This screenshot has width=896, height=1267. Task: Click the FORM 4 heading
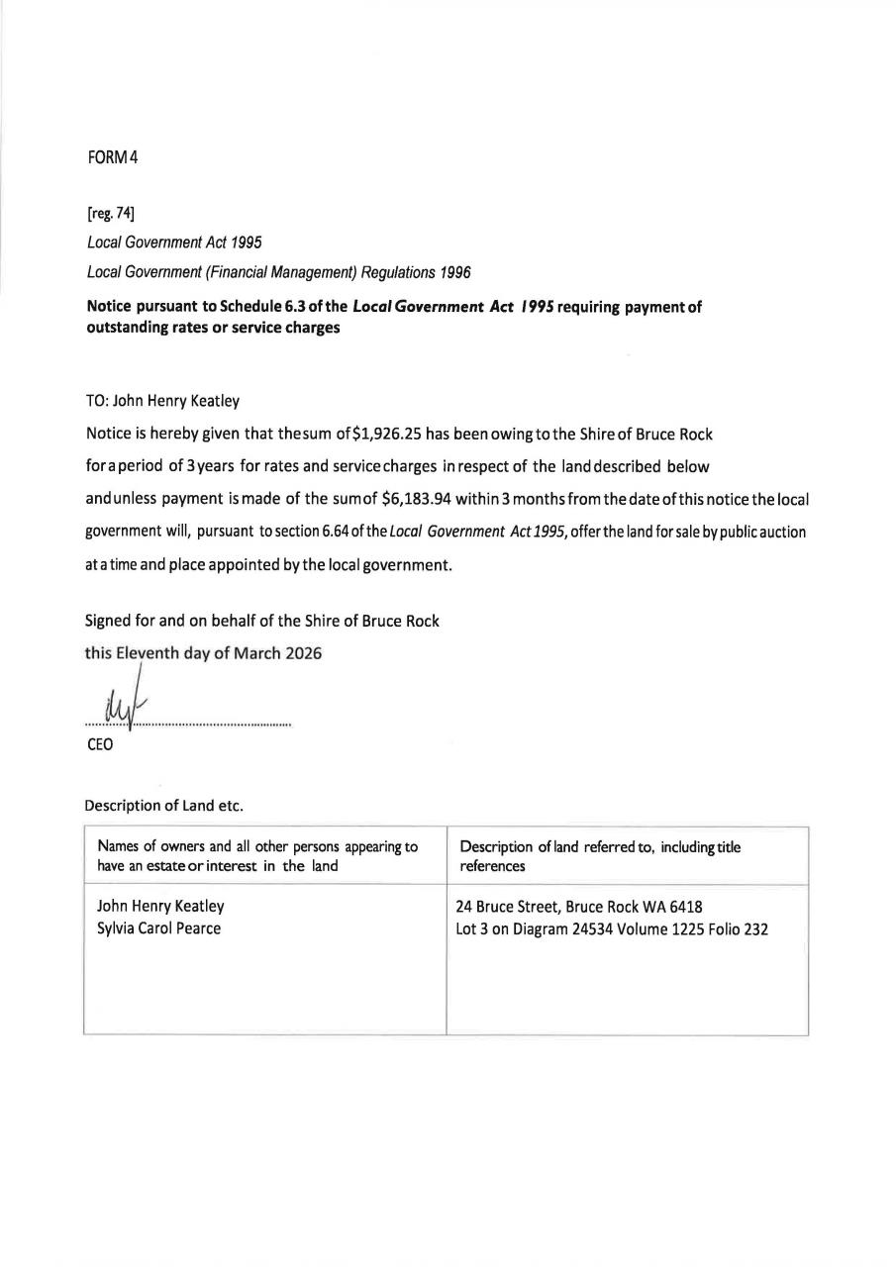click(112, 159)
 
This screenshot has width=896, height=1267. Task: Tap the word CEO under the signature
click(100, 744)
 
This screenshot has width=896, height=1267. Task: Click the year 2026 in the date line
click(302, 653)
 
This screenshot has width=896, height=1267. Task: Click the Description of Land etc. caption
click(163, 805)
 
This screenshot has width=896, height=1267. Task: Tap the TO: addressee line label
click(102, 402)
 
